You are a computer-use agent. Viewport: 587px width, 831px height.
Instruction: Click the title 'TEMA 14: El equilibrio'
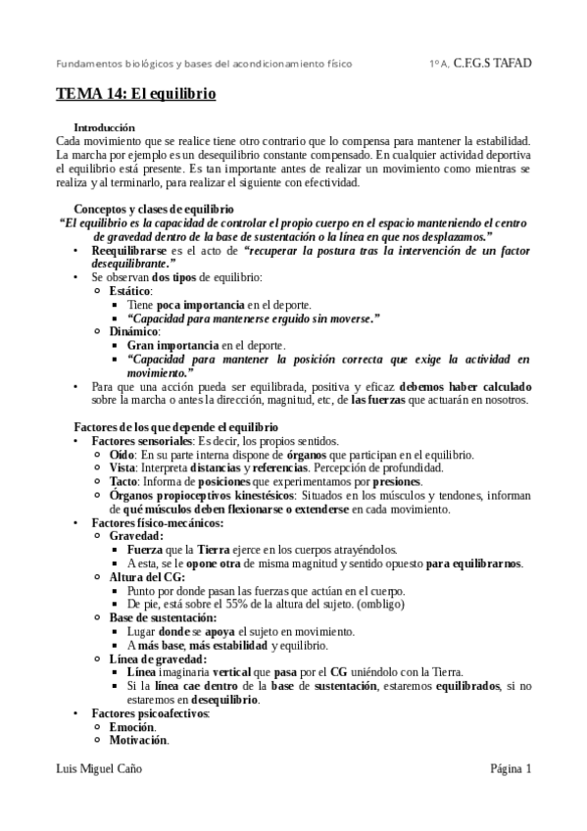tap(135, 96)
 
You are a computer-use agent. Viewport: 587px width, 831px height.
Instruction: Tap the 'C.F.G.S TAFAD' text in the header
tap(493, 64)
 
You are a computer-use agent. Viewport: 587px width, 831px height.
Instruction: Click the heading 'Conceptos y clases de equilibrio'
tap(154, 209)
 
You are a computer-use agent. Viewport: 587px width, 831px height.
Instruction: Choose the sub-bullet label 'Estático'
tap(129, 292)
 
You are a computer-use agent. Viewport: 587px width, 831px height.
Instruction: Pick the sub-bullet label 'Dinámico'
tap(133, 332)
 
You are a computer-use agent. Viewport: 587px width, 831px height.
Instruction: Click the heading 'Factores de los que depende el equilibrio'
tap(176, 427)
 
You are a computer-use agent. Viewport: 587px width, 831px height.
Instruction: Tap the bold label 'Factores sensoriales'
tap(142, 441)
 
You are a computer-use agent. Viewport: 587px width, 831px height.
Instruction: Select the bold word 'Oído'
tap(122, 455)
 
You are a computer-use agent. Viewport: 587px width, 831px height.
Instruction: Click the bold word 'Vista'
tap(122, 468)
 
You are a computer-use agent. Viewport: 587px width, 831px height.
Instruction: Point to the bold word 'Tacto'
tap(123, 482)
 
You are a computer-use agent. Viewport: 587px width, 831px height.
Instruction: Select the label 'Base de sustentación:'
tap(162, 618)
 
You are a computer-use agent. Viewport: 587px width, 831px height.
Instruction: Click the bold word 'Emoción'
tap(132, 727)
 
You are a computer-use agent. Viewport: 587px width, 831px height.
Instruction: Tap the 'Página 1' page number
tap(511, 769)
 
